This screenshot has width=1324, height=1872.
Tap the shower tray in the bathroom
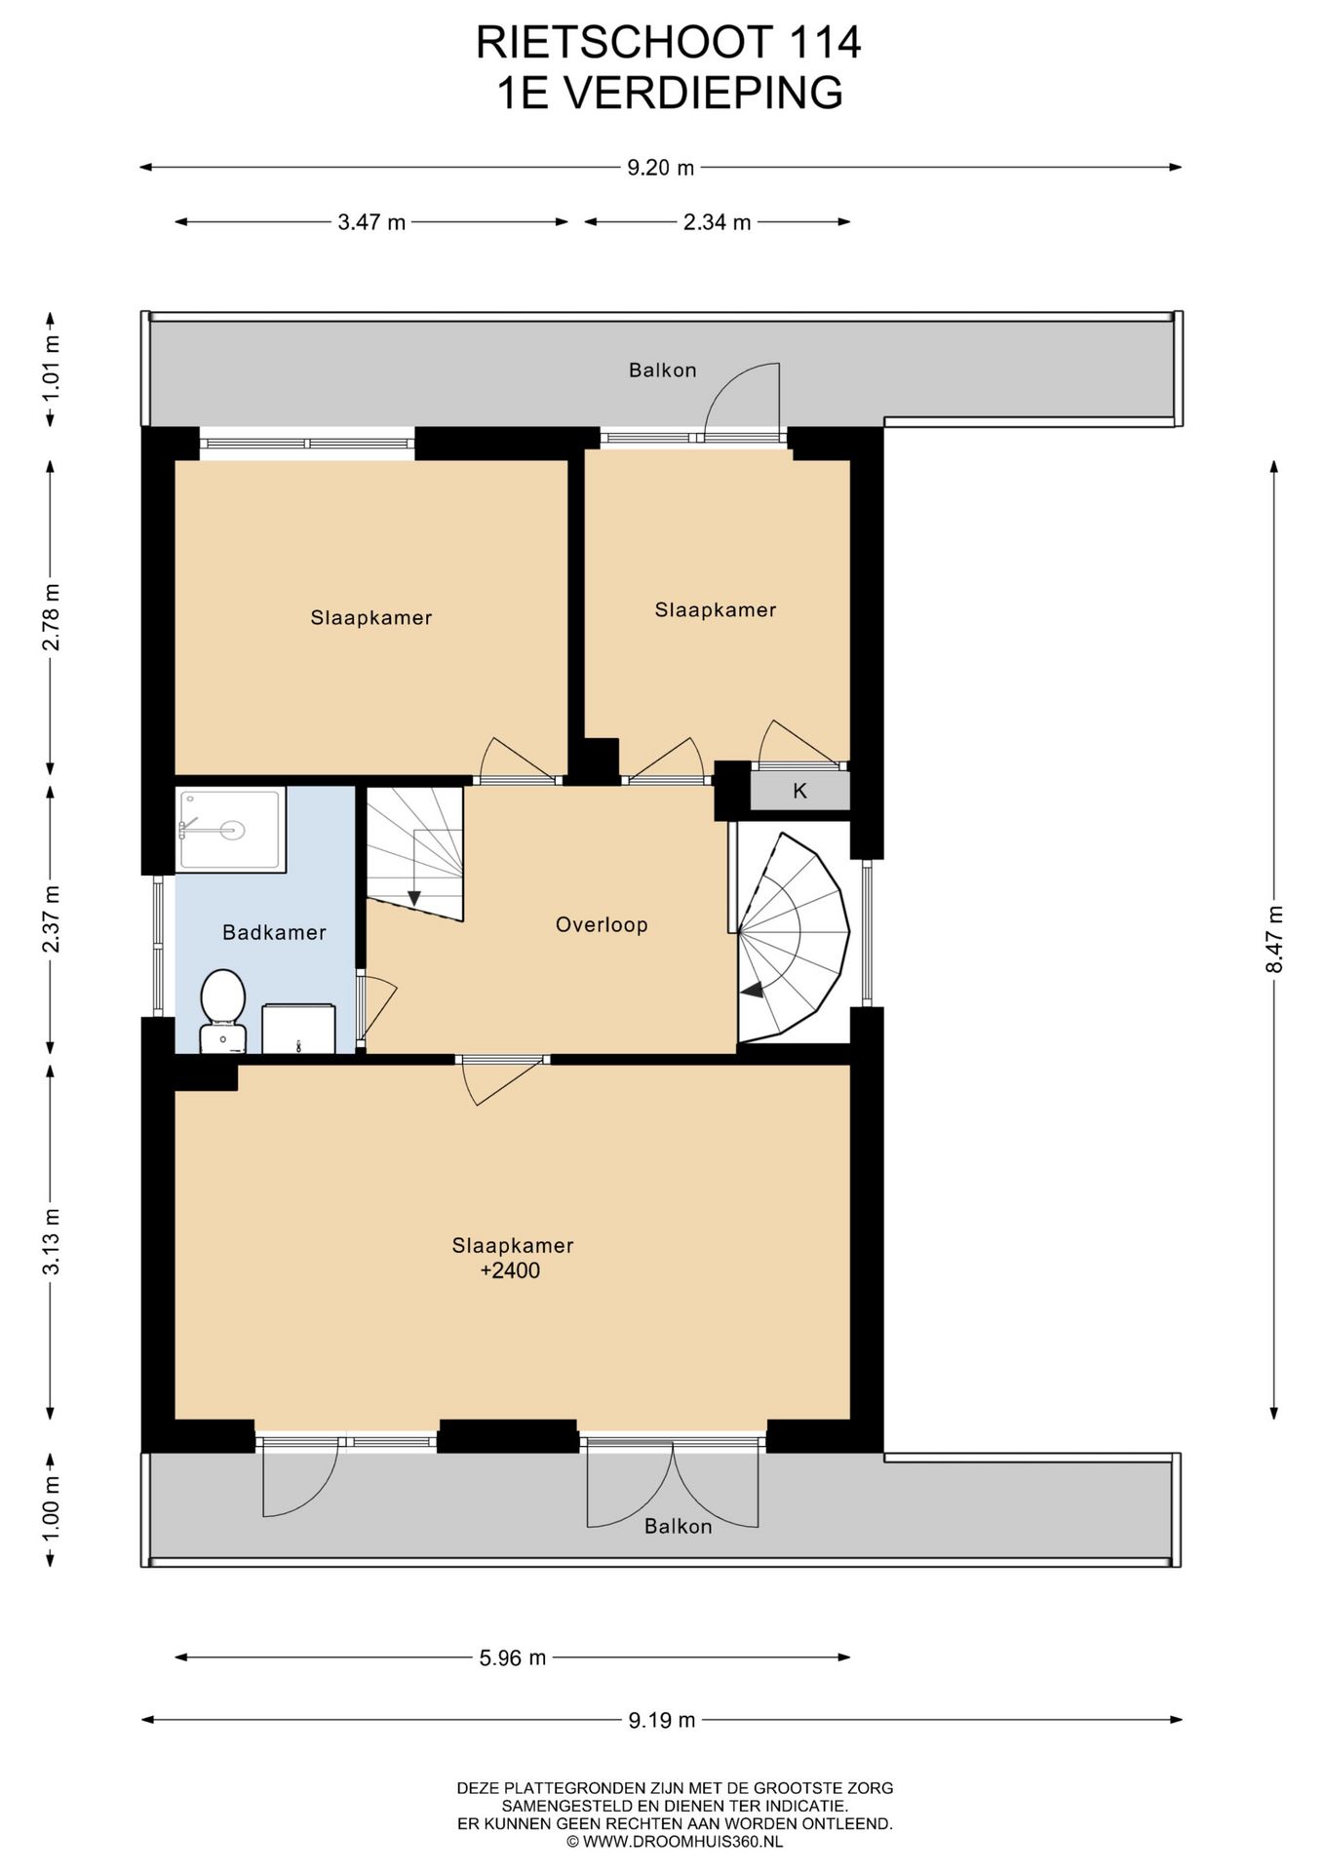[x=231, y=830]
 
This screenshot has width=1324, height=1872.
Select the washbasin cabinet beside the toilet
[x=298, y=1029]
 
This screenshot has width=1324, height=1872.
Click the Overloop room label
[x=602, y=924]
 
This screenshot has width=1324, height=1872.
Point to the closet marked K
[x=799, y=791]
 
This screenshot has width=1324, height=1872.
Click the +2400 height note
[x=510, y=1270]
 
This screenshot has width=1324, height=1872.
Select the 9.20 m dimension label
[x=661, y=168]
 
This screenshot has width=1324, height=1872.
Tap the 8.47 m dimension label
[x=1274, y=939]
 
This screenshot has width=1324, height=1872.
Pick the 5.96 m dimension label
[x=513, y=1657]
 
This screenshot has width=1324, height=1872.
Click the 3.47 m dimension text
[x=371, y=222]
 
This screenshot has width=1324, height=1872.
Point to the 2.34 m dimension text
[x=717, y=222]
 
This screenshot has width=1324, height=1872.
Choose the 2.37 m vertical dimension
[x=52, y=919]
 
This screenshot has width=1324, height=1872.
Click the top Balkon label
[x=663, y=370]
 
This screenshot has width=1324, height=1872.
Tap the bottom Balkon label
[x=679, y=1527]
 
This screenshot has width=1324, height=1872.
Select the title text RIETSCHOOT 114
[x=669, y=42]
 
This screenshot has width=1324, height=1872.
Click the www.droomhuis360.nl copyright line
[x=675, y=1842]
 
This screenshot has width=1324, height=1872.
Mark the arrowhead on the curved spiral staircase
[x=752, y=991]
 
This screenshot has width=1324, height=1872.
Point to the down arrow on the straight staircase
[x=413, y=897]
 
